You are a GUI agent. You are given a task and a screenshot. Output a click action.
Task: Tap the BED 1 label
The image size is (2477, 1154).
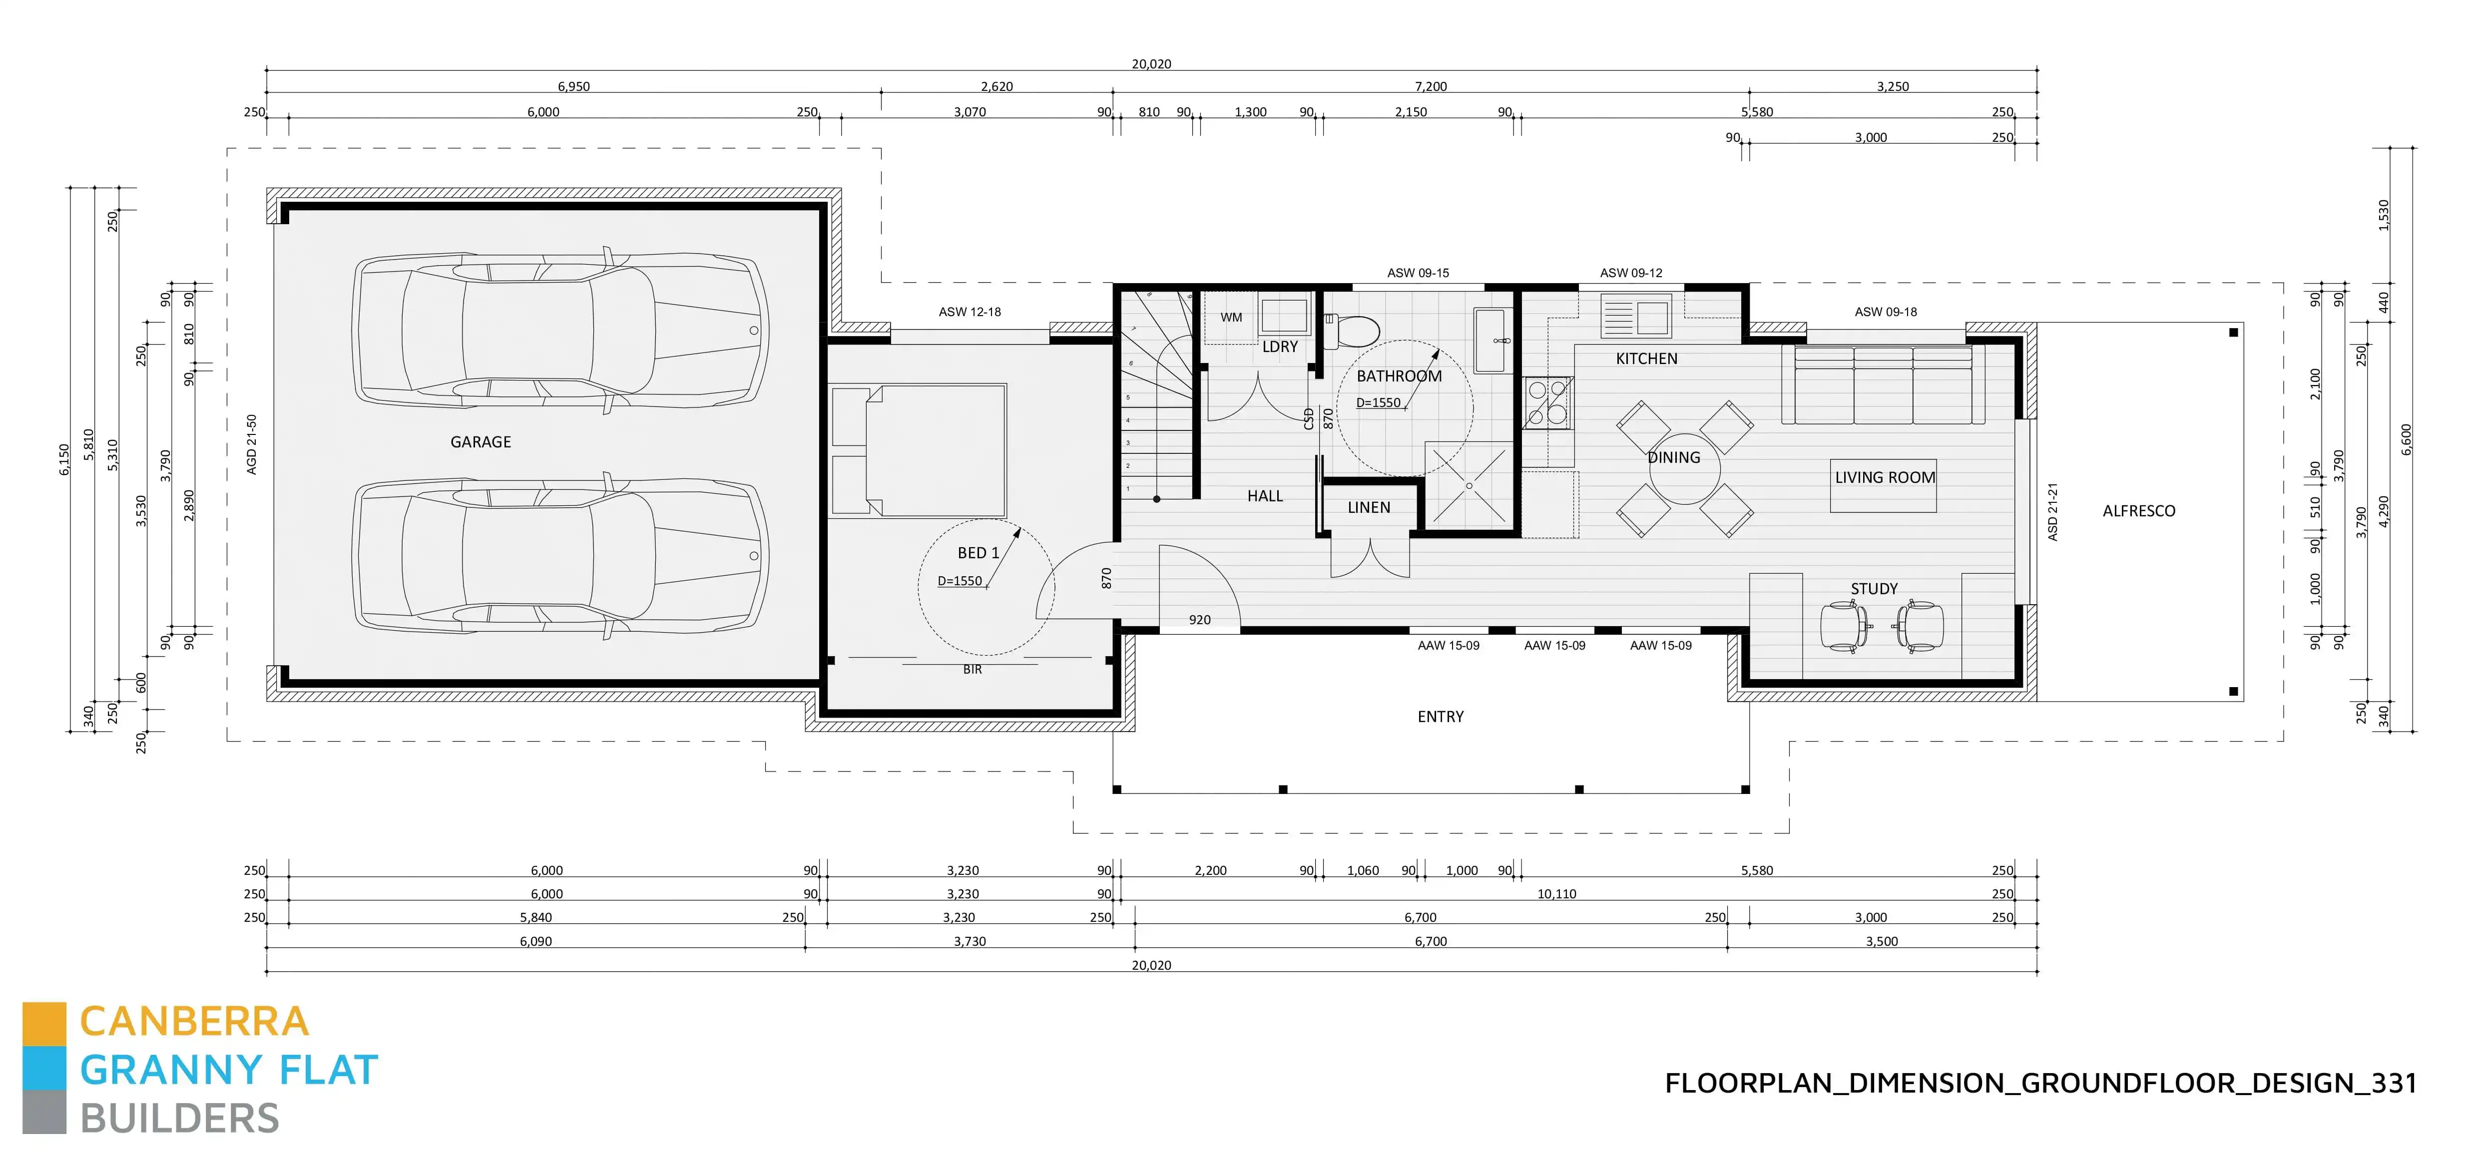tap(978, 553)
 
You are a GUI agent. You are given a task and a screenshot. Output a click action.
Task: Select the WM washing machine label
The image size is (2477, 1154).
tap(1231, 318)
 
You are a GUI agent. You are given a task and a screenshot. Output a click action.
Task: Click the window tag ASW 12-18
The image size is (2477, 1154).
tap(969, 312)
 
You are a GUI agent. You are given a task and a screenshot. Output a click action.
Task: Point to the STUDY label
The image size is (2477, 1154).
tap(1874, 589)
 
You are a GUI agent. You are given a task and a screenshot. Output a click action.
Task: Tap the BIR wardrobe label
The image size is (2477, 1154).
tap(972, 669)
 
